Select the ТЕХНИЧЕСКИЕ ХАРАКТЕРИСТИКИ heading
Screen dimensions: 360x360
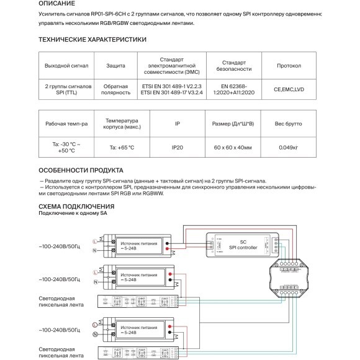pyautogui.click(x=92, y=40)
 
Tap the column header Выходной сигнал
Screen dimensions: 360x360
pyautogui.click(x=67, y=65)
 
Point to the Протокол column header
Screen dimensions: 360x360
pyautogui.click(x=289, y=65)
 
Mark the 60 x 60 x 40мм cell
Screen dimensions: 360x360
pyautogui.click(x=234, y=148)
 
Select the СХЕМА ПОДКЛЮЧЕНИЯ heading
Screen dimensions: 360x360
pyautogui.click(x=76, y=206)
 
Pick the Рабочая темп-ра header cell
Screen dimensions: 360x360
pyautogui.click(x=67, y=124)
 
